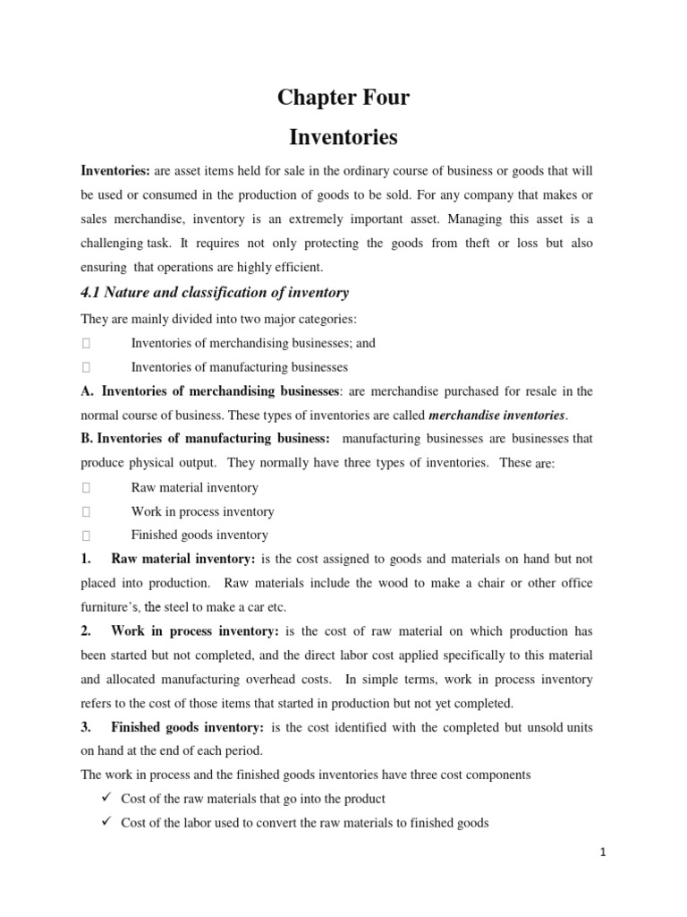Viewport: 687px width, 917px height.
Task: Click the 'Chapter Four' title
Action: [343, 99]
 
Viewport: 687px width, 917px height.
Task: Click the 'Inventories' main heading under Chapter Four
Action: [343, 138]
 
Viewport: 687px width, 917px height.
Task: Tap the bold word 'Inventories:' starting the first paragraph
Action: [115, 171]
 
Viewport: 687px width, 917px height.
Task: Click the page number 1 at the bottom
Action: [603, 853]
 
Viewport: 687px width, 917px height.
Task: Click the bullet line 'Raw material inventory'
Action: [194, 488]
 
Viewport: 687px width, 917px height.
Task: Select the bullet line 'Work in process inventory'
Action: [202, 512]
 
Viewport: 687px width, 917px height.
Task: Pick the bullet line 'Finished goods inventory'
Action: [199, 536]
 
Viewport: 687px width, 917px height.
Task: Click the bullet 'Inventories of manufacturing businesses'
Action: [239, 367]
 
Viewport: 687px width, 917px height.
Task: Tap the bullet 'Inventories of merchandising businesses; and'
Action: [253, 343]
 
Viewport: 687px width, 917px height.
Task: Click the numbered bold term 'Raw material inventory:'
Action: [183, 559]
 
